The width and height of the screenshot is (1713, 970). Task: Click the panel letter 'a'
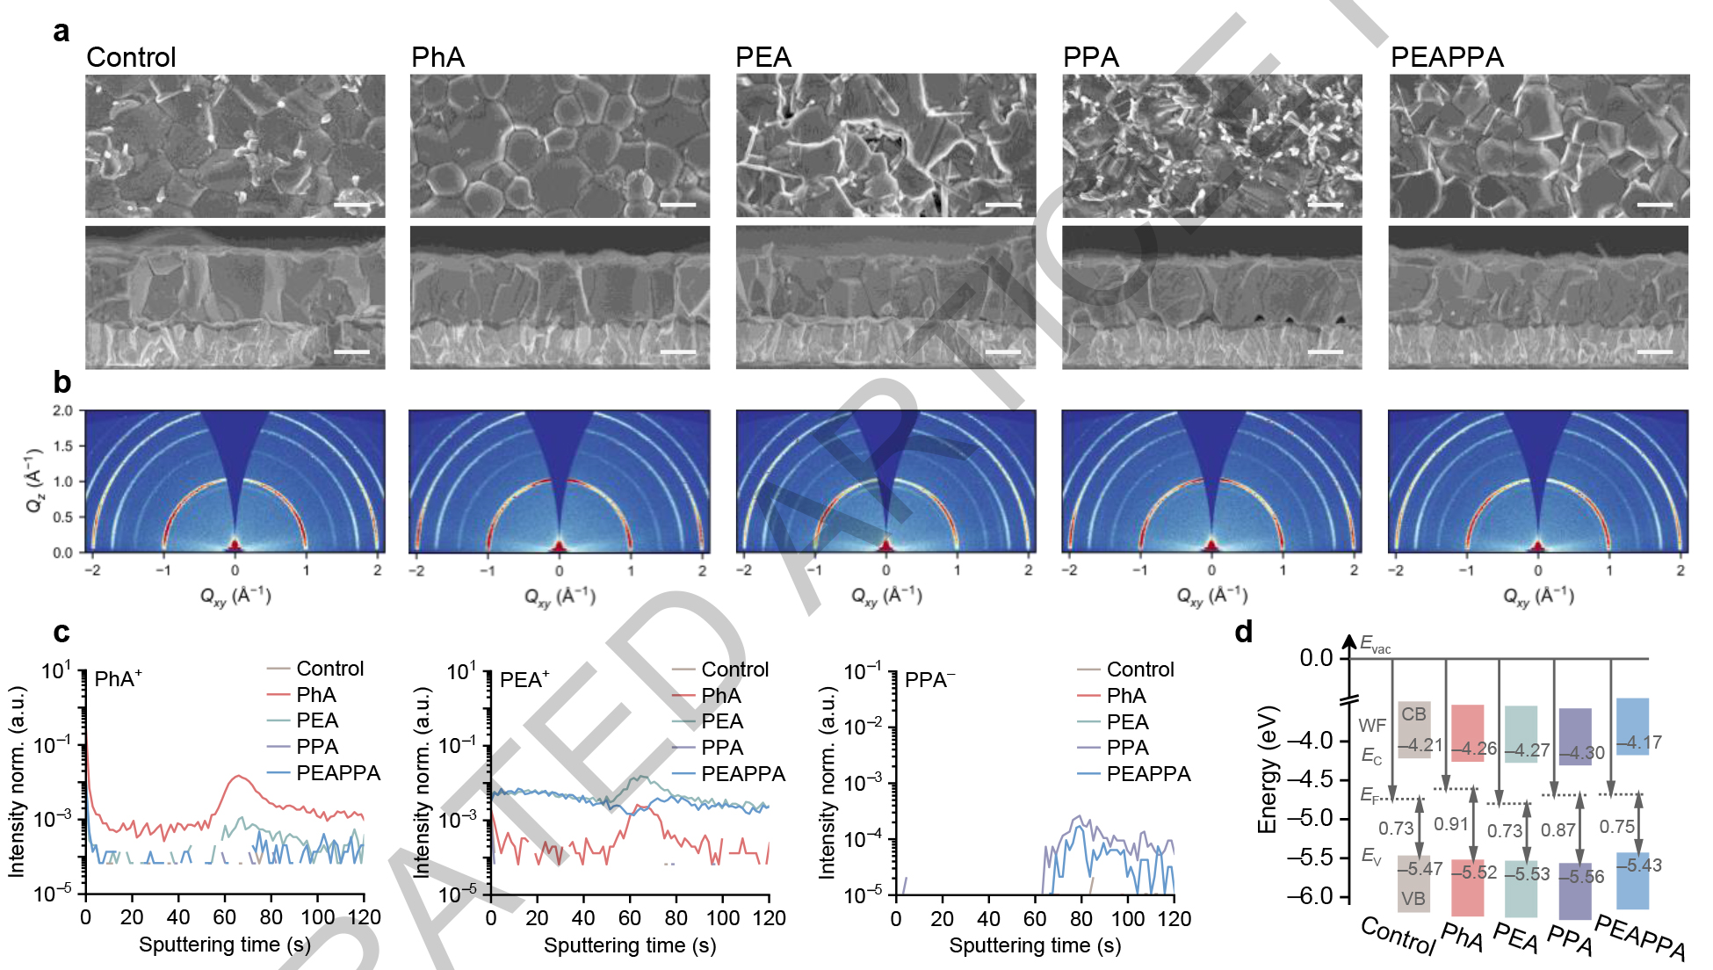point(61,31)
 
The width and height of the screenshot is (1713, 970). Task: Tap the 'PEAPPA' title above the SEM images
point(1447,57)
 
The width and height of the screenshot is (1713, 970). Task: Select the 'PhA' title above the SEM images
point(437,57)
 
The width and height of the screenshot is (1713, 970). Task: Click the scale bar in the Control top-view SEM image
point(352,206)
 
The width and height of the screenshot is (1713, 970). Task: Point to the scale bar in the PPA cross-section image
point(1325,352)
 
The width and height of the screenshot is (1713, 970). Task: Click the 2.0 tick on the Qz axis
point(62,410)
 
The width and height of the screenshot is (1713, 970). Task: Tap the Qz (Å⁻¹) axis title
point(34,480)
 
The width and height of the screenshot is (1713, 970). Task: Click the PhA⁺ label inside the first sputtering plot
point(118,679)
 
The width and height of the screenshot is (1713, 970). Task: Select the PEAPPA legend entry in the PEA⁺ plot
point(743,774)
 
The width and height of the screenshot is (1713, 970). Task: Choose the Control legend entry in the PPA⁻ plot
point(1140,670)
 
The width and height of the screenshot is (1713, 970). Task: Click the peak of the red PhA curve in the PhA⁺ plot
point(237,776)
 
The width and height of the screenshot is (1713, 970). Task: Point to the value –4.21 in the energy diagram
point(1420,745)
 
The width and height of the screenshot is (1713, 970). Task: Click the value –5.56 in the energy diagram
point(1581,876)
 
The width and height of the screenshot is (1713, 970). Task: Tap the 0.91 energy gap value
point(1450,824)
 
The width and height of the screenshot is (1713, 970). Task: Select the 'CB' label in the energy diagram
point(1413,714)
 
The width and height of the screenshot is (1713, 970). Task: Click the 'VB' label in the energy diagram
point(1413,899)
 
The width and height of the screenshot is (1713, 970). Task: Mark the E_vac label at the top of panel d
point(1375,645)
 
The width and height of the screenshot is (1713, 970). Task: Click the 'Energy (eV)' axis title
point(1267,770)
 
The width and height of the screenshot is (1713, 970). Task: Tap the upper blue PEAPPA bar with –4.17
point(1632,726)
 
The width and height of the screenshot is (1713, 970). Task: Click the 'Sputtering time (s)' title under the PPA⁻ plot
point(1035,945)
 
